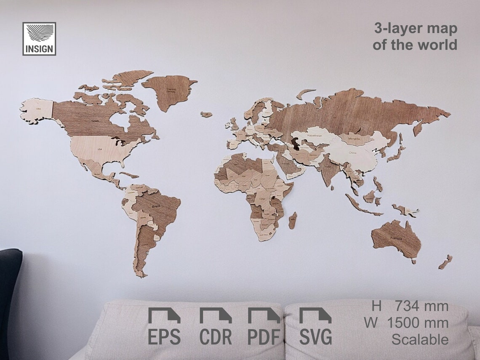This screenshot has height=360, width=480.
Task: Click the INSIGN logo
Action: point(39,39)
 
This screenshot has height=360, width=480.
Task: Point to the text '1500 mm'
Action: point(417,323)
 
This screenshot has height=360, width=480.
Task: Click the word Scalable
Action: point(420,339)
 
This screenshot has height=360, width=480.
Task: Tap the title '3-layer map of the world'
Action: point(415,37)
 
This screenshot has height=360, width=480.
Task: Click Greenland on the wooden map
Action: point(171,91)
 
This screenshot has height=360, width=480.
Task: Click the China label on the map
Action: point(353,154)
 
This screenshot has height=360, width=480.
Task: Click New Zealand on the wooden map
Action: point(445,262)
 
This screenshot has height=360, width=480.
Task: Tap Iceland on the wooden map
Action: point(206,114)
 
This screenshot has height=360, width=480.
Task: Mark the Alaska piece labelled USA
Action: point(38,109)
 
